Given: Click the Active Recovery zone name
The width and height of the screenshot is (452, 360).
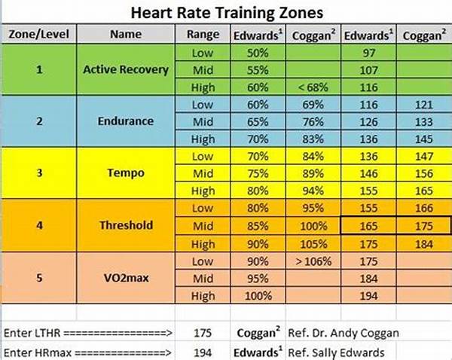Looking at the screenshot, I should pyautogui.click(x=126, y=70).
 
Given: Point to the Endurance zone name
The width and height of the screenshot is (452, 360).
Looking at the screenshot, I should pyautogui.click(x=126, y=121).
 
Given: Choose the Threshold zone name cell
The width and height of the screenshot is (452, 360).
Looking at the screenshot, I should pyautogui.click(x=126, y=224).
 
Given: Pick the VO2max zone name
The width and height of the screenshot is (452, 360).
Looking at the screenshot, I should pyautogui.click(x=126, y=276).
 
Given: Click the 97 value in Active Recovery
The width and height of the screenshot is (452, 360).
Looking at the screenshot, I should pyautogui.click(x=368, y=53).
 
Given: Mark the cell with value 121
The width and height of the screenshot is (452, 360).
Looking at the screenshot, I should pyautogui.click(x=425, y=105).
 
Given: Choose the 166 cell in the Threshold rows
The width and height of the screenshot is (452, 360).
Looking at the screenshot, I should pyautogui.click(x=425, y=208).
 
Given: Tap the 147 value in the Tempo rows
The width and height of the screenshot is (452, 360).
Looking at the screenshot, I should pyautogui.click(x=425, y=156).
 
